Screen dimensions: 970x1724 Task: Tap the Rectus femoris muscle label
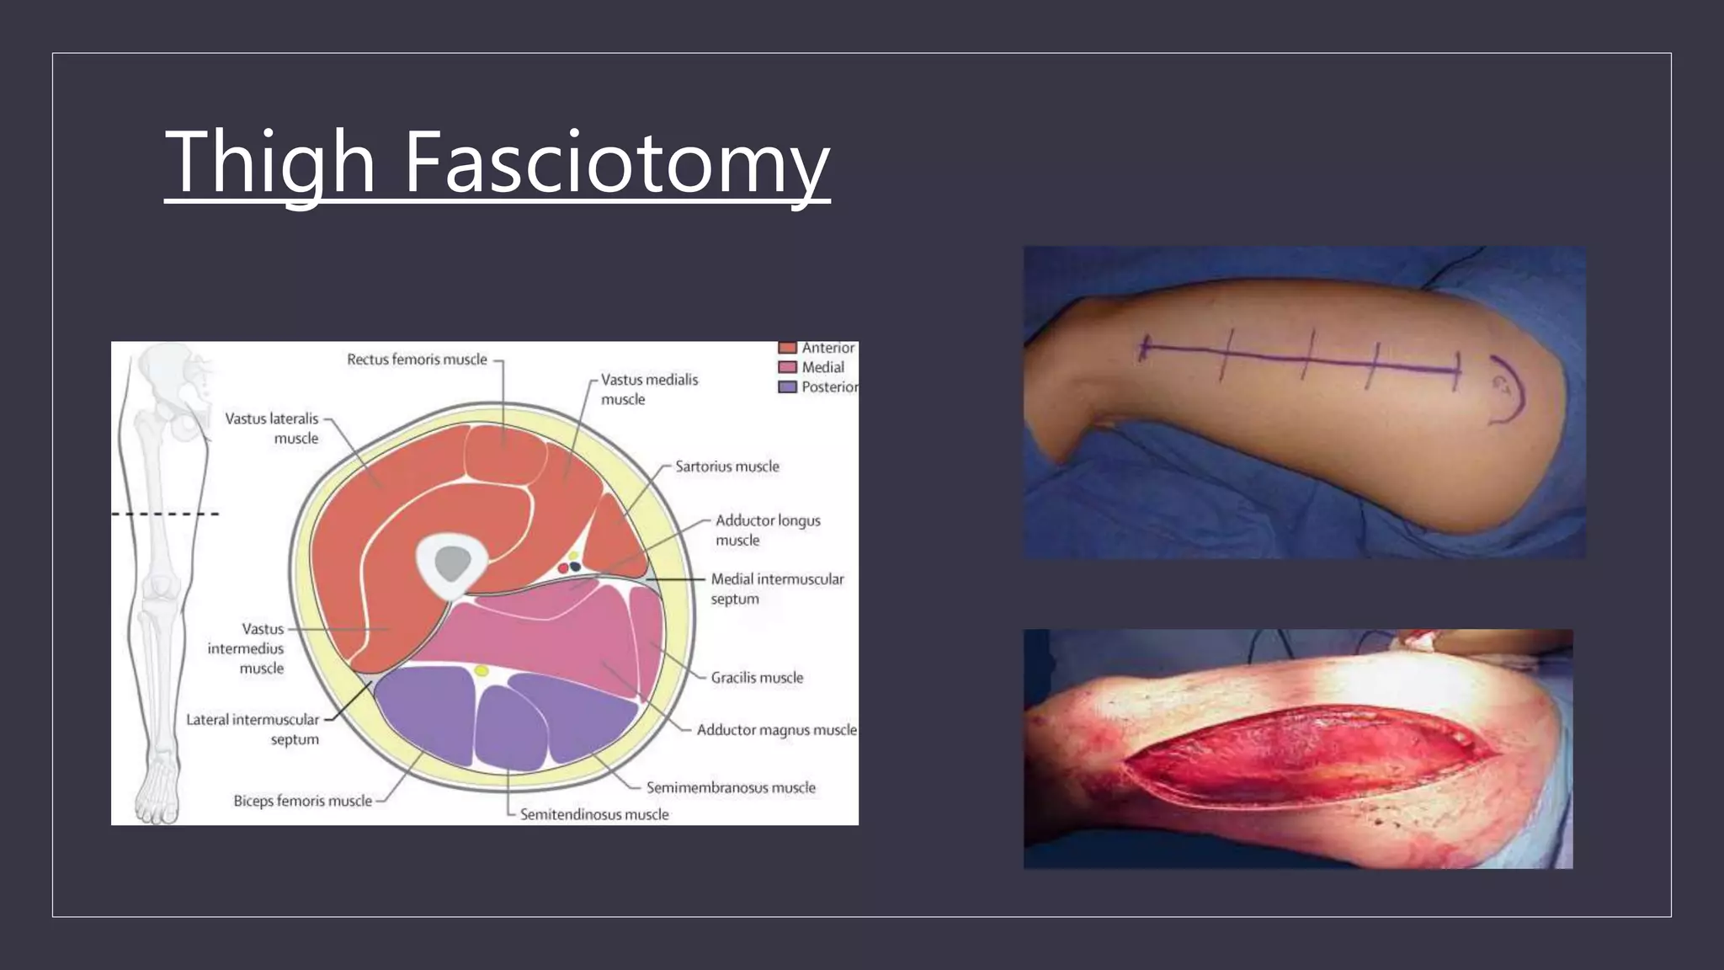pyautogui.click(x=417, y=360)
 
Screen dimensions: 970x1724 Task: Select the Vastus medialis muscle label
pyautogui.click(x=649, y=389)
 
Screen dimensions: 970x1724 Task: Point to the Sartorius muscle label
pyautogui.click(x=726, y=466)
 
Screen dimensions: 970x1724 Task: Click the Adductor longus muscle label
pyautogui.click(x=767, y=530)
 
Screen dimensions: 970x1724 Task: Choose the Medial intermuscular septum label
pyautogui.click(x=776, y=589)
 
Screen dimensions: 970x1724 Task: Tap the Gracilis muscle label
pyautogui.click(x=756, y=678)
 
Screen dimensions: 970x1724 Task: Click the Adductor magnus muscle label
pyautogui.click(x=775, y=730)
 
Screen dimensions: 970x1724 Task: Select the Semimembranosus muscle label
pyautogui.click(x=730, y=788)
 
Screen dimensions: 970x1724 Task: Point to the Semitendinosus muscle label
pyautogui.click(x=593, y=814)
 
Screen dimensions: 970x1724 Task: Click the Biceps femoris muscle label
pyautogui.click(x=302, y=801)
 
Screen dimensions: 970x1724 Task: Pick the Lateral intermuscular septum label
pyautogui.click(x=253, y=729)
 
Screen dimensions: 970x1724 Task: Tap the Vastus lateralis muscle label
pyautogui.click(x=273, y=428)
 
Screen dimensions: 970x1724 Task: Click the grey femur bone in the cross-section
pyautogui.click(x=452, y=562)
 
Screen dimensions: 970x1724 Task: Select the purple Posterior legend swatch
pyautogui.click(x=787, y=387)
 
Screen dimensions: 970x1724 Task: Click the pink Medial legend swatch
pyautogui.click(x=787, y=367)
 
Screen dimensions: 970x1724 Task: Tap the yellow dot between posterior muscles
pyautogui.click(x=482, y=671)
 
